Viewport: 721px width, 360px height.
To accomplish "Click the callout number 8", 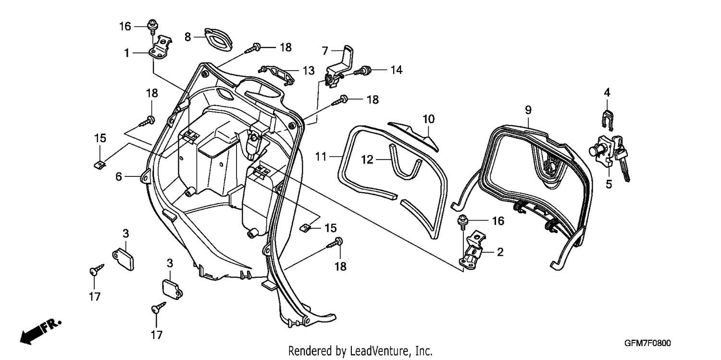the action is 187,37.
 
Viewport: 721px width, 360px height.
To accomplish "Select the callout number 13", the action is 309,71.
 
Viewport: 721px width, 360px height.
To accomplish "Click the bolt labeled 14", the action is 362,70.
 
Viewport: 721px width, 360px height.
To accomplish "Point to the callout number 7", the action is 325,51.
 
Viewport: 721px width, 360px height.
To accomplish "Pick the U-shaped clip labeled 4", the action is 608,121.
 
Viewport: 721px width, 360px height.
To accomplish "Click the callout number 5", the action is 609,185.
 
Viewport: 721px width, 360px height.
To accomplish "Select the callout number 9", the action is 528,111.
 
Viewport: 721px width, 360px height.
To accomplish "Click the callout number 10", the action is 429,119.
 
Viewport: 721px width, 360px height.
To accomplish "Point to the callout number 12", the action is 367,159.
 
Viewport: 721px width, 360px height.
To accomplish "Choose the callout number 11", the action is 321,157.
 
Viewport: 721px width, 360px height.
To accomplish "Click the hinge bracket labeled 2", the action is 472,250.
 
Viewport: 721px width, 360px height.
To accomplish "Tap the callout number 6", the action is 119,176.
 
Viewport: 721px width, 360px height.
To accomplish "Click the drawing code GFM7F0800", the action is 647,343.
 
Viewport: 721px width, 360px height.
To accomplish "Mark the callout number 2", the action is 500,252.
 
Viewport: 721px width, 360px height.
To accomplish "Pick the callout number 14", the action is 397,70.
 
